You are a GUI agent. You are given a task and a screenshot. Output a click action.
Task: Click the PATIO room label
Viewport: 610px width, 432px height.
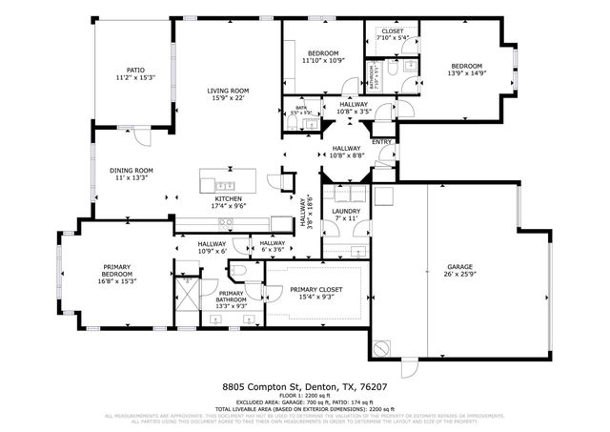point(135,70)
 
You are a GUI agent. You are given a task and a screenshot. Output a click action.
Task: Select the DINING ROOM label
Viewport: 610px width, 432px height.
point(132,171)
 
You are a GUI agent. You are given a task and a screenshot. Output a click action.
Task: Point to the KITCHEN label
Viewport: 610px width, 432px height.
point(228,198)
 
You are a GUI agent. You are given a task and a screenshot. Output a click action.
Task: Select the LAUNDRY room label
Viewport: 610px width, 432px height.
point(344,212)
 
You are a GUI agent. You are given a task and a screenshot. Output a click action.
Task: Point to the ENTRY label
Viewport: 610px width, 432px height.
point(381,142)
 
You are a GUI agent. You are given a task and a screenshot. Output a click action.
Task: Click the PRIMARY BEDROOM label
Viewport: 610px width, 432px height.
point(114,269)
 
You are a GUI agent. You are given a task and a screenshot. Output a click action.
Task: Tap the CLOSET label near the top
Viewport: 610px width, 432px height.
point(393,31)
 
